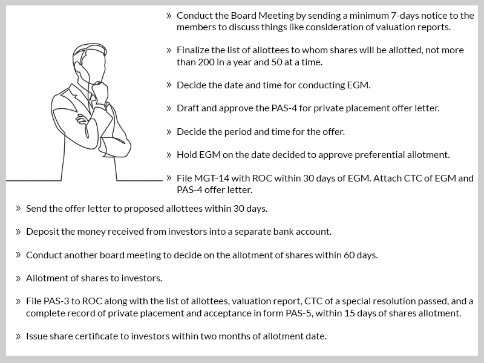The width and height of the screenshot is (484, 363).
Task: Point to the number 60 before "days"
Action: [344, 255]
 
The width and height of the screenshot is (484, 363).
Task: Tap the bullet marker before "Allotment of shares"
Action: [18, 278]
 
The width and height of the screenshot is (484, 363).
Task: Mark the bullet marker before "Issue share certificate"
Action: [18, 336]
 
